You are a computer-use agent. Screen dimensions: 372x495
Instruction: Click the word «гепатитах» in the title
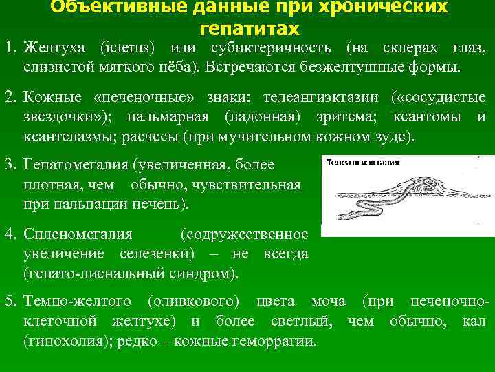[x=249, y=29]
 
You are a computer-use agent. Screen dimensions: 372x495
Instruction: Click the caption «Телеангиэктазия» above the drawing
[x=362, y=162]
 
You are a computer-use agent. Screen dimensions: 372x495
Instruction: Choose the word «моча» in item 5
[x=329, y=302]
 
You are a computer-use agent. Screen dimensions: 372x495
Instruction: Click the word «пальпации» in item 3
[x=82, y=205]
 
